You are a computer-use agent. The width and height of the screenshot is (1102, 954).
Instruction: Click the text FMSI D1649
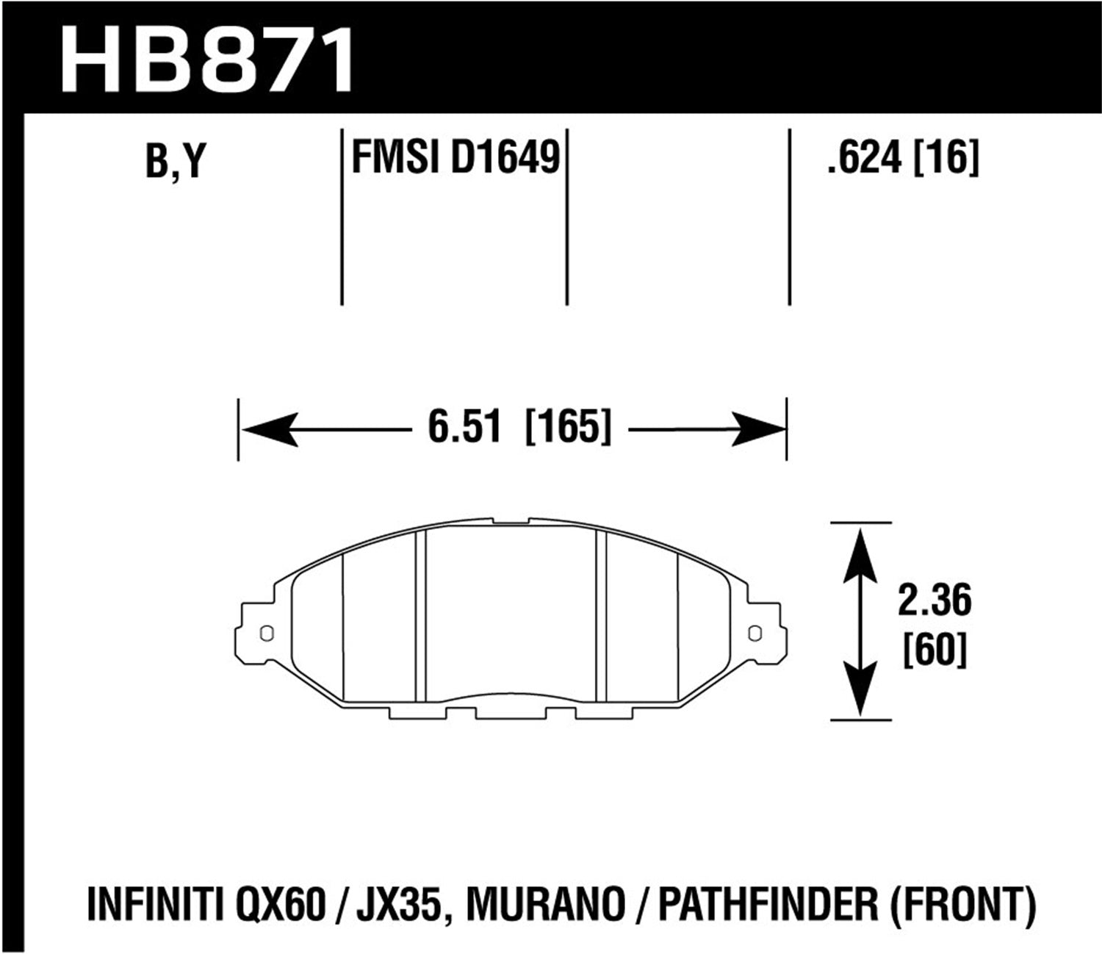[455, 157]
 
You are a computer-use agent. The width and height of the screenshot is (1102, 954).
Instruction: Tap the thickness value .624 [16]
[903, 157]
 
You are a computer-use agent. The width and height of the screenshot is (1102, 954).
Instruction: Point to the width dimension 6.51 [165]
[519, 428]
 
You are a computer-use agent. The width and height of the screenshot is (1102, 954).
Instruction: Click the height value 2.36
[934, 600]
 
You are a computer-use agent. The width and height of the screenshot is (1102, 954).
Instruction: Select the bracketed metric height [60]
[934, 650]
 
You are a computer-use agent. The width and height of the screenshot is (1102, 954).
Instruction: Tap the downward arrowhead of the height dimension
[860, 691]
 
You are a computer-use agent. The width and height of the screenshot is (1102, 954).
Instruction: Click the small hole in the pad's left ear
[266, 632]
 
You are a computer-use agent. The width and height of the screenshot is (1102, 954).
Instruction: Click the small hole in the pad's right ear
[753, 632]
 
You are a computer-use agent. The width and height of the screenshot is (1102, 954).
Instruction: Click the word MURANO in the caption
[547, 905]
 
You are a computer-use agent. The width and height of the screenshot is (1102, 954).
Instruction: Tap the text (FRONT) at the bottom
[962, 905]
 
